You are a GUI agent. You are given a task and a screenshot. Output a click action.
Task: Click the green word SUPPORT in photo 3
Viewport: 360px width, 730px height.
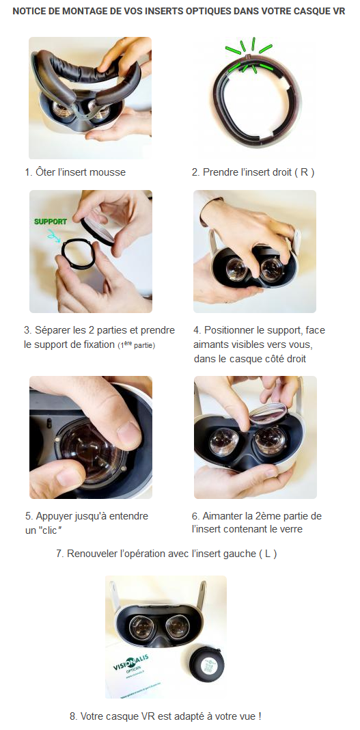click(x=51, y=221)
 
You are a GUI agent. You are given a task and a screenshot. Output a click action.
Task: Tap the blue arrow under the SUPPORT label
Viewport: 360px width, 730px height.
click(x=55, y=236)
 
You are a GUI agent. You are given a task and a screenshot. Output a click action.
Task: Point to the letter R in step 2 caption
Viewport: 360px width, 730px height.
click(x=304, y=172)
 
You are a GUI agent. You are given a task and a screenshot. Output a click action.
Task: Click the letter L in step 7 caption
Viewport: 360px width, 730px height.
click(x=268, y=554)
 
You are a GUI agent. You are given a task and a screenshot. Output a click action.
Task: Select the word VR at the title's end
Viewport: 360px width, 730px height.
click(x=340, y=11)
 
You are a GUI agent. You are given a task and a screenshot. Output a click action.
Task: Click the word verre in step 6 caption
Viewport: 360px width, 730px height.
click(x=291, y=529)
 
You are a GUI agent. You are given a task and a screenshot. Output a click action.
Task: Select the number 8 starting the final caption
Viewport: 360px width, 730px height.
click(x=72, y=716)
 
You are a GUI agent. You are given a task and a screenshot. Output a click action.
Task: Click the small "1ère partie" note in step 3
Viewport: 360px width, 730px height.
click(x=136, y=345)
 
